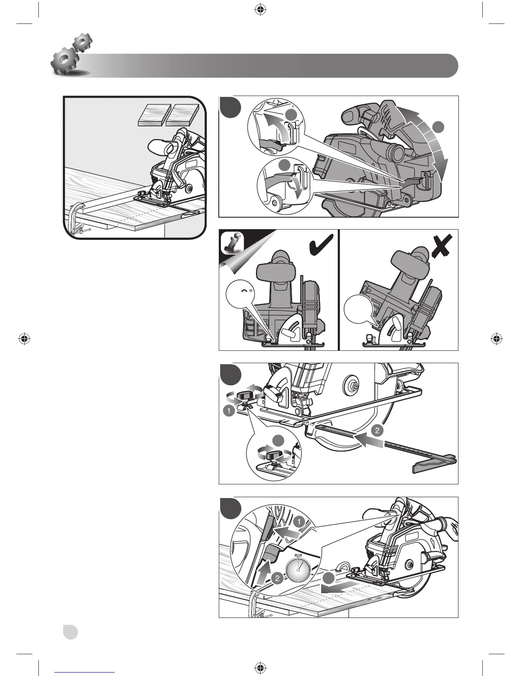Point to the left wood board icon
coord(155,115)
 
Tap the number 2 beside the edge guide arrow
coord(377,431)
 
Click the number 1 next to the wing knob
coord(229,411)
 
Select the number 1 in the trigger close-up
coord(299,522)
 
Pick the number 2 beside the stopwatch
coord(277,578)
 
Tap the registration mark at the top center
coord(261,10)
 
